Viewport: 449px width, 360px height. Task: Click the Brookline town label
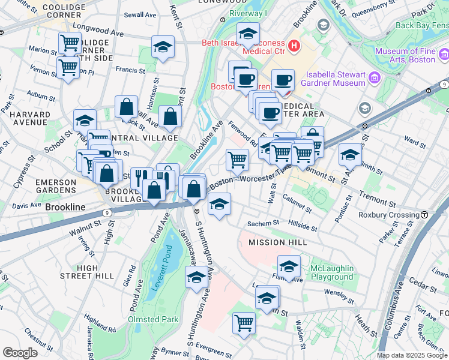(64, 207)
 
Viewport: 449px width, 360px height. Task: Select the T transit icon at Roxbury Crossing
(424, 215)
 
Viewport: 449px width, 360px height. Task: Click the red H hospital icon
(294, 45)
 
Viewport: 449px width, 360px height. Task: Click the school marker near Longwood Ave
(162, 47)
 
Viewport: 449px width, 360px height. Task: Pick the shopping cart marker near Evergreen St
(244, 323)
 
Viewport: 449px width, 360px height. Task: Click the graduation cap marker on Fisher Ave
(289, 266)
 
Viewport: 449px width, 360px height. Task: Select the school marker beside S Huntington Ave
(196, 277)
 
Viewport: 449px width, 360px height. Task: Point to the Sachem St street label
(264, 223)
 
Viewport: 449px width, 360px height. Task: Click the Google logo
(20, 353)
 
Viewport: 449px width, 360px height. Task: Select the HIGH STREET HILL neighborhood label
(88, 272)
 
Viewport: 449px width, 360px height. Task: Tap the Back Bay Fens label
(421, 25)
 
